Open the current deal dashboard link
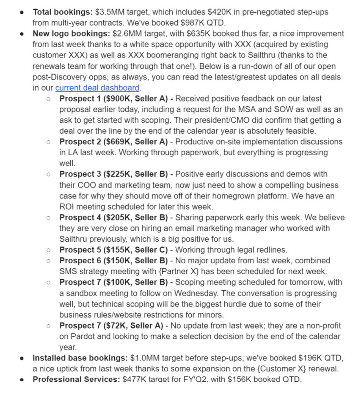[97, 88]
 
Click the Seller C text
[151, 250]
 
